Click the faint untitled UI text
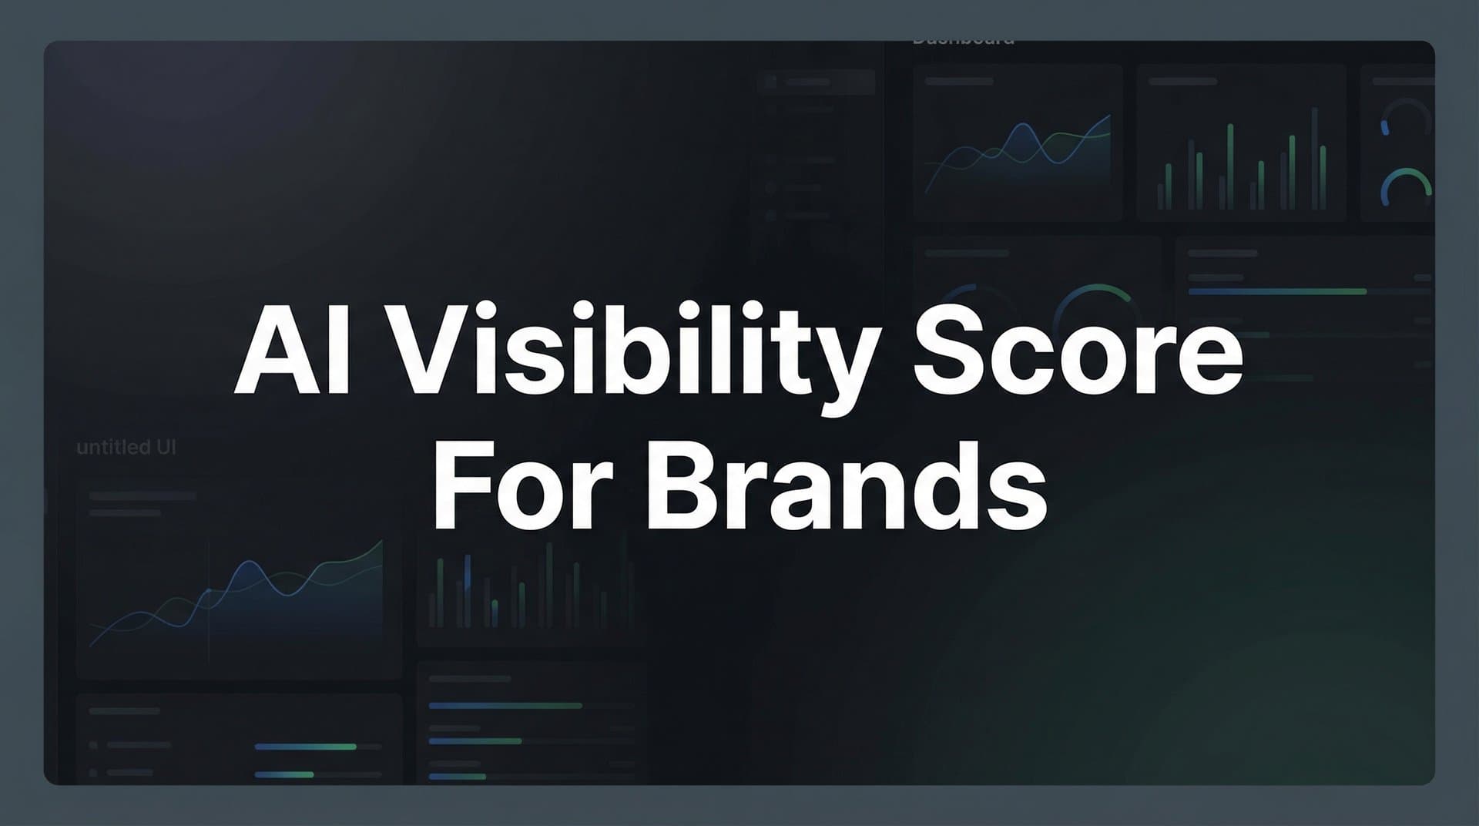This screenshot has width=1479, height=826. pos(126,448)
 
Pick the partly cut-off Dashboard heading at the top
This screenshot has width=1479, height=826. pos(963,40)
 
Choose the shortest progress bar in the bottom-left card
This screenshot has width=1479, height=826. pos(284,774)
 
